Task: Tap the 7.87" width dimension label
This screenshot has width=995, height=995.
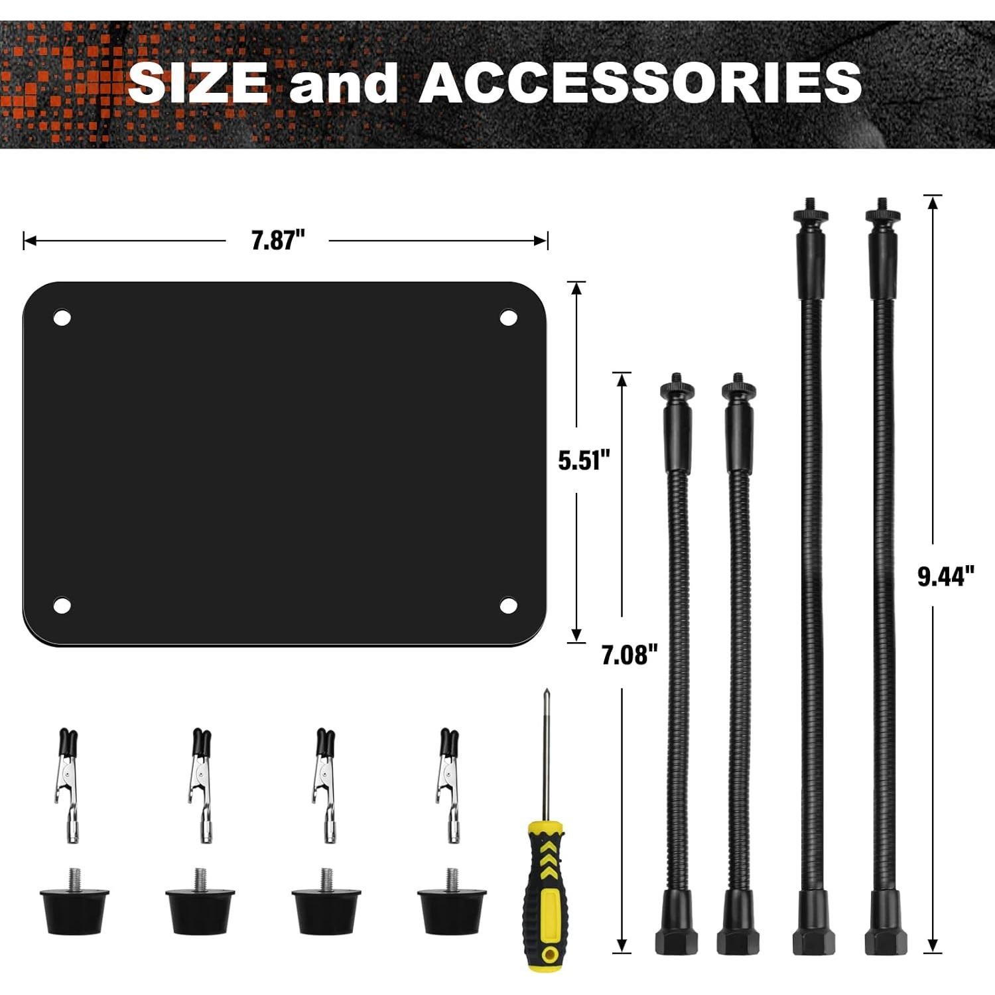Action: coord(278,240)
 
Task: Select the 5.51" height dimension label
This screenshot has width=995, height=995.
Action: coord(584,460)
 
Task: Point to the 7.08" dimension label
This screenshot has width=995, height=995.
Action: coord(630,655)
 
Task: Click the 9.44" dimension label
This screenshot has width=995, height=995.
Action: coord(946,576)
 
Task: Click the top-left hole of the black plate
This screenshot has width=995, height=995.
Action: coord(62,318)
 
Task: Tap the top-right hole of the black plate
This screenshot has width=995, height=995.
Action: coord(509,318)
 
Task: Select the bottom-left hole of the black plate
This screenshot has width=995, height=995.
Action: coord(62,605)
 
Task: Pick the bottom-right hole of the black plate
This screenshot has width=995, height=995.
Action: coord(509,605)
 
